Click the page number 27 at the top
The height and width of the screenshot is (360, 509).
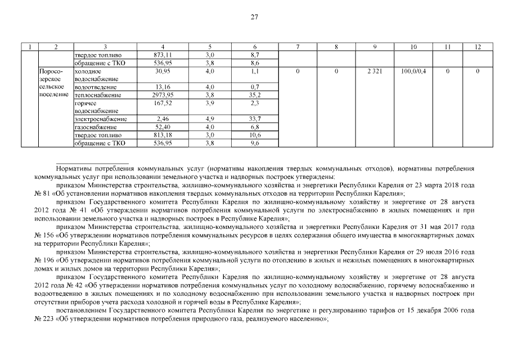coord(254,17)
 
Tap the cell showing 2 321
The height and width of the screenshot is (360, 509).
coord(373,72)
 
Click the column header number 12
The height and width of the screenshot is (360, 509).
coord(477,47)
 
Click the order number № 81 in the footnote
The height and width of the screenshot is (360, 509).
coord(43,192)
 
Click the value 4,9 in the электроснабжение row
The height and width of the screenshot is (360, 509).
coord(210,119)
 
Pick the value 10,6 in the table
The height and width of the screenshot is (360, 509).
coord(255,136)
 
